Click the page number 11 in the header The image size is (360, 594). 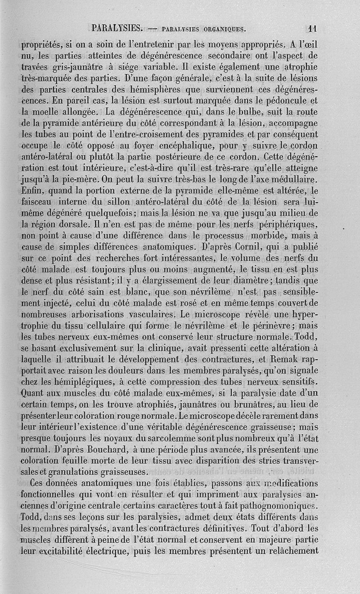click(313, 28)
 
